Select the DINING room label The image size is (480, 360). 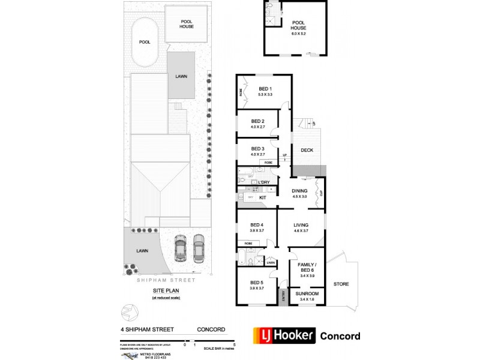(x=299, y=191)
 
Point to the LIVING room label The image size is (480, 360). (x=301, y=226)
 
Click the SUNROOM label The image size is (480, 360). (x=307, y=293)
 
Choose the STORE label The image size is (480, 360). (x=341, y=284)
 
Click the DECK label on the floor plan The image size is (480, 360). (x=307, y=150)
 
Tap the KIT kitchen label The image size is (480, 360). (x=262, y=197)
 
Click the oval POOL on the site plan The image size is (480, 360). (x=145, y=43)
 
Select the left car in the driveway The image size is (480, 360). (x=180, y=247)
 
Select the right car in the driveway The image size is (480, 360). (x=199, y=247)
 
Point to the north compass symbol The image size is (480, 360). (x=128, y=312)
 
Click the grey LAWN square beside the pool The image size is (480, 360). (x=181, y=76)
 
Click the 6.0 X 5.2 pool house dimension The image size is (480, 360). (x=299, y=34)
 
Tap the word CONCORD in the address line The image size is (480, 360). (x=212, y=329)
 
